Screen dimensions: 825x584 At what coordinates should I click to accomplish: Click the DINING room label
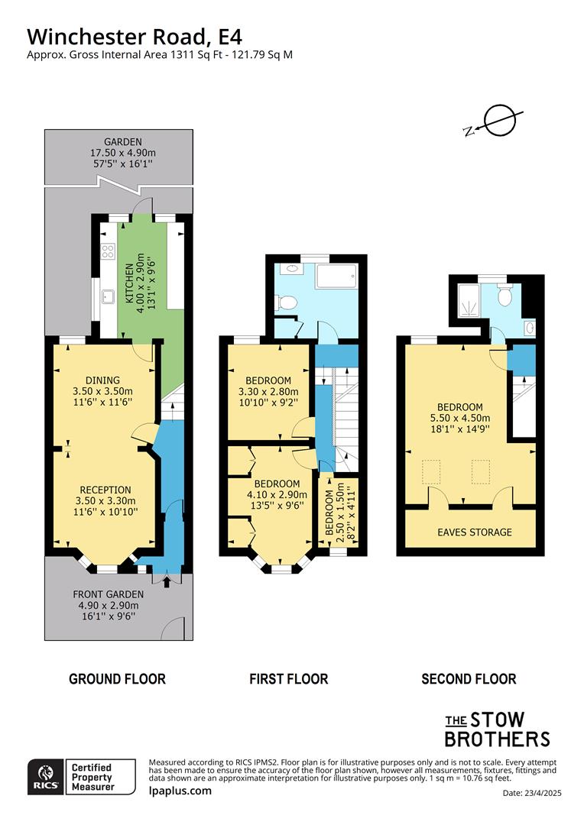pyautogui.click(x=102, y=380)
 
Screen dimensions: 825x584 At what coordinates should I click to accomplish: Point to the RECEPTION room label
pyautogui.click(x=105, y=490)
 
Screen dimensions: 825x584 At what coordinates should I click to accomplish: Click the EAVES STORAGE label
pyautogui.click(x=475, y=532)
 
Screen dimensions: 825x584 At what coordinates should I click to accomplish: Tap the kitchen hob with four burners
pyautogui.click(x=107, y=249)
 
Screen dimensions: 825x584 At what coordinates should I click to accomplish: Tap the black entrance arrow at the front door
pyautogui.click(x=168, y=584)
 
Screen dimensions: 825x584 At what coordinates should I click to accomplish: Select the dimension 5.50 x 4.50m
pyautogui.click(x=459, y=418)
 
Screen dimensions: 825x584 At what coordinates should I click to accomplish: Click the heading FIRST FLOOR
pyautogui.click(x=288, y=678)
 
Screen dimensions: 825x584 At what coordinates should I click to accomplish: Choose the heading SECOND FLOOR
pyautogui.click(x=469, y=678)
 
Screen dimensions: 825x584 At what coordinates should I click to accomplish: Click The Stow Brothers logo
pyautogui.click(x=497, y=729)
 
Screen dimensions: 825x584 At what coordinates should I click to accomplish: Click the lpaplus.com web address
pyautogui.click(x=180, y=791)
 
